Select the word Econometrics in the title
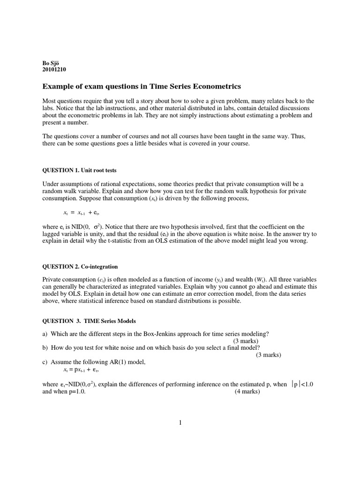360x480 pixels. tap(215, 86)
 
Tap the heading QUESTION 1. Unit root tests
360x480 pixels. tap(82, 170)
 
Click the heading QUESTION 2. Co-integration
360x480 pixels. tap(80, 266)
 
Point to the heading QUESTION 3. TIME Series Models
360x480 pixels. tap(89, 321)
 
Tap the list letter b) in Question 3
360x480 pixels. tap(45, 347)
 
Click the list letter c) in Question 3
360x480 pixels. tap(45, 361)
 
